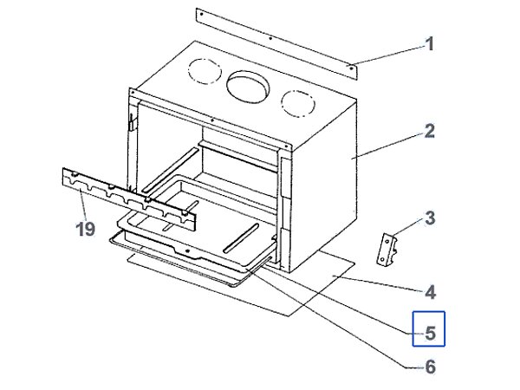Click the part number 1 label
coord(429,43)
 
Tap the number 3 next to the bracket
coord(429,216)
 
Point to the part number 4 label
coord(429,292)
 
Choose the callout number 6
coord(429,367)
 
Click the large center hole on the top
coord(248,83)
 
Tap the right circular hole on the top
coord(297,101)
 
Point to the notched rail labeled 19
coord(130,198)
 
